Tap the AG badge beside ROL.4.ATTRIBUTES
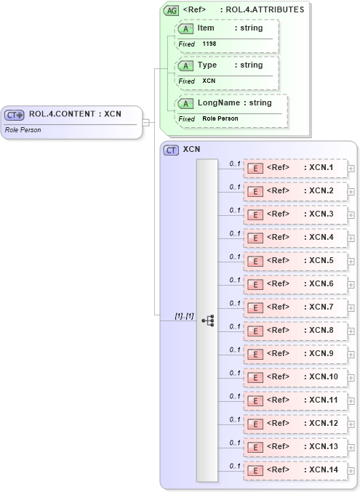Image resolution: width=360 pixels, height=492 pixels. [x=172, y=10]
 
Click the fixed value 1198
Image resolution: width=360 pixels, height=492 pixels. [x=209, y=44]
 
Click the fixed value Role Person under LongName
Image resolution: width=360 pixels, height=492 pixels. [x=220, y=118]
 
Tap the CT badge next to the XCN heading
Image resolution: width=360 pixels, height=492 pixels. [x=172, y=150]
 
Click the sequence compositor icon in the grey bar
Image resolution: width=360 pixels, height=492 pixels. [x=207, y=320]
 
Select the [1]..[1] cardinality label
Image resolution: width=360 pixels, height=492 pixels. [x=184, y=316]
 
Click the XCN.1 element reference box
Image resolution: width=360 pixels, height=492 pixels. [x=295, y=168]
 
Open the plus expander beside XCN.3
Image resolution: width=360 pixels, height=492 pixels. [x=351, y=215]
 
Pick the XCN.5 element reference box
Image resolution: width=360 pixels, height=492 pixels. [x=295, y=261]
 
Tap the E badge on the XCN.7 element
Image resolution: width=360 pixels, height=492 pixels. [x=255, y=307]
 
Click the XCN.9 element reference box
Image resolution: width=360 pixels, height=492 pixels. [x=295, y=354]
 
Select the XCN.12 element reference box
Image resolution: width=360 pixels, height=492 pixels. [x=295, y=424]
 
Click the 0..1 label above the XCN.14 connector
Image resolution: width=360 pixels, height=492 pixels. [x=234, y=466]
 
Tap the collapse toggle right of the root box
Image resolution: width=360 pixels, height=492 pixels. [x=146, y=122]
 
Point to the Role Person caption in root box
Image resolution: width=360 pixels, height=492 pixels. [x=23, y=130]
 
